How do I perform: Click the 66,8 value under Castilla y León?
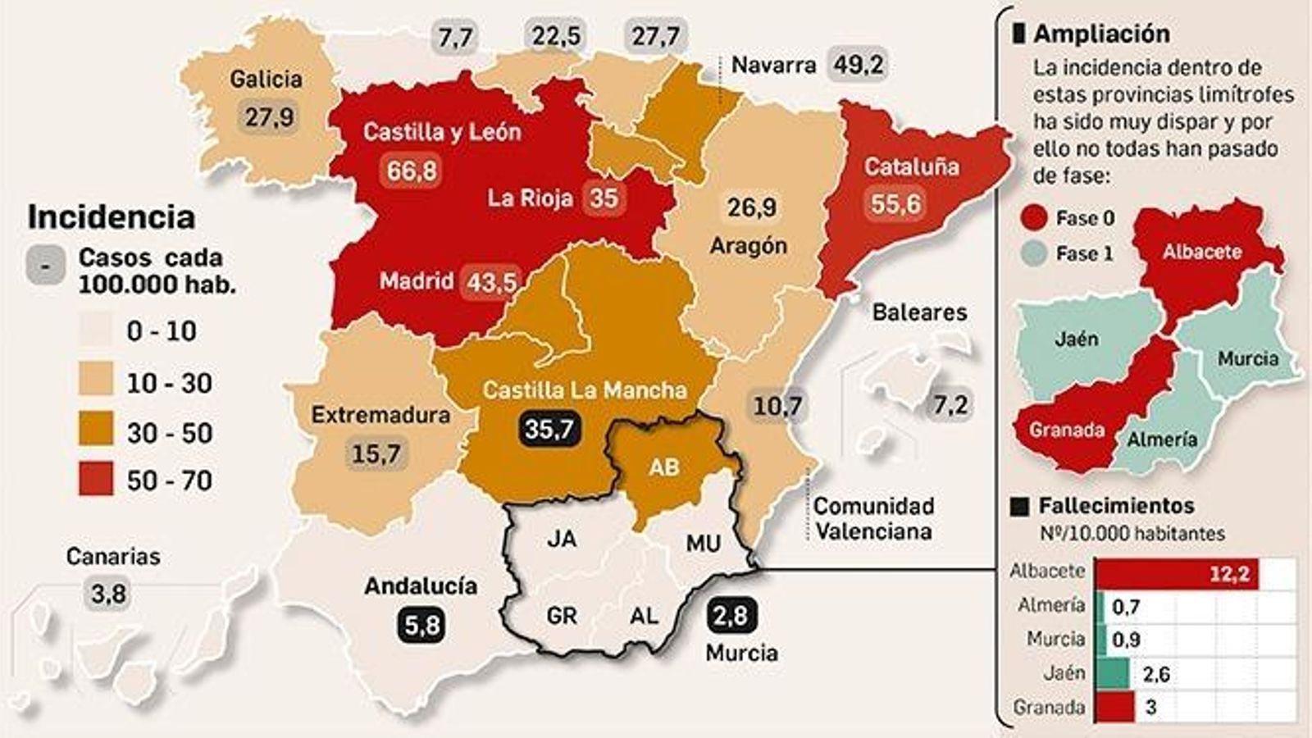[412, 171]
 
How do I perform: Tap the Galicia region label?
[266, 79]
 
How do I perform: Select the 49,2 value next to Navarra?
[858, 64]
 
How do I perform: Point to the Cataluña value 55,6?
[895, 203]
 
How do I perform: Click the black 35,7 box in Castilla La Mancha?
[549, 427]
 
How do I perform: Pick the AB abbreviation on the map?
[663, 467]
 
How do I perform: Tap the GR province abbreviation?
[562, 615]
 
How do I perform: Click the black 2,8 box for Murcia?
[730, 615]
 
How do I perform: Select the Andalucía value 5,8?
[421, 625]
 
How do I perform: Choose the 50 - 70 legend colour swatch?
[96, 480]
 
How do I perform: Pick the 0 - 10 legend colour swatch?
[96, 330]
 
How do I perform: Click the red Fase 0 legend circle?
[1035, 218]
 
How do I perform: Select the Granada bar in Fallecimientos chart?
[1115, 707]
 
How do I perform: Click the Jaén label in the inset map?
[1076, 338]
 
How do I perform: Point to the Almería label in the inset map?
[1161, 440]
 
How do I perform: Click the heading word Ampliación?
[1101, 34]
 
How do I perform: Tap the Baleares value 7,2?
[950, 404]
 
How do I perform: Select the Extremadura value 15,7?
[376, 453]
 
